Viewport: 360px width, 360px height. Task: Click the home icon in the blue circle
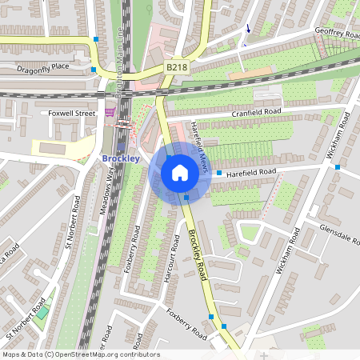[180, 173]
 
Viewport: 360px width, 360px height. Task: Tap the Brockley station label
[122, 158]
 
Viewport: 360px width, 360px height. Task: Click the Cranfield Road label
[257, 113]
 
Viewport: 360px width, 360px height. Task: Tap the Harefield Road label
[251, 172]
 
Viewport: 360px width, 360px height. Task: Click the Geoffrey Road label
[340, 33]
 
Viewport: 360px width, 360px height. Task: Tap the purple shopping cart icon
[110, 112]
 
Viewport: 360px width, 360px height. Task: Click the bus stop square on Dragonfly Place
[94, 70]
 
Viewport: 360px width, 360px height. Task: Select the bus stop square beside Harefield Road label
[219, 172]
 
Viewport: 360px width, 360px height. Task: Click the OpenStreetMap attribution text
[81, 354]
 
